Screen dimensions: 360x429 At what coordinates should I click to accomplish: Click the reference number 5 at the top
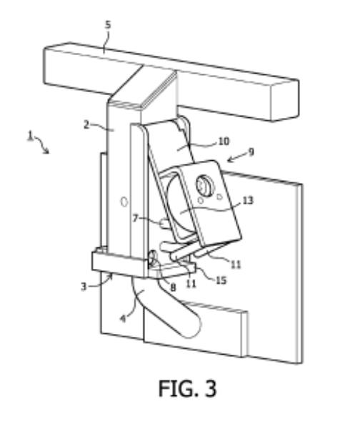point(109,24)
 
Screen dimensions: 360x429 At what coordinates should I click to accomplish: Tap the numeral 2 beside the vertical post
point(86,125)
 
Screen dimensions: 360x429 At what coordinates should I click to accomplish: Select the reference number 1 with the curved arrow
point(31,136)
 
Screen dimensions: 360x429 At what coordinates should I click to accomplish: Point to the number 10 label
point(224,141)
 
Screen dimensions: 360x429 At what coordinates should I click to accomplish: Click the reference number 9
point(251,152)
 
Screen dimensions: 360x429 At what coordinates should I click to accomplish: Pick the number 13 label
point(248,200)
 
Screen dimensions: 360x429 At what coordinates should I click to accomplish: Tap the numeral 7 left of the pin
point(136,219)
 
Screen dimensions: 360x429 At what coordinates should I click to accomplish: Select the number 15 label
point(221,280)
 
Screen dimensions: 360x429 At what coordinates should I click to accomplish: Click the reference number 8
point(173,287)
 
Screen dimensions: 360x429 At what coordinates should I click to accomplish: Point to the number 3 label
point(84,287)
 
